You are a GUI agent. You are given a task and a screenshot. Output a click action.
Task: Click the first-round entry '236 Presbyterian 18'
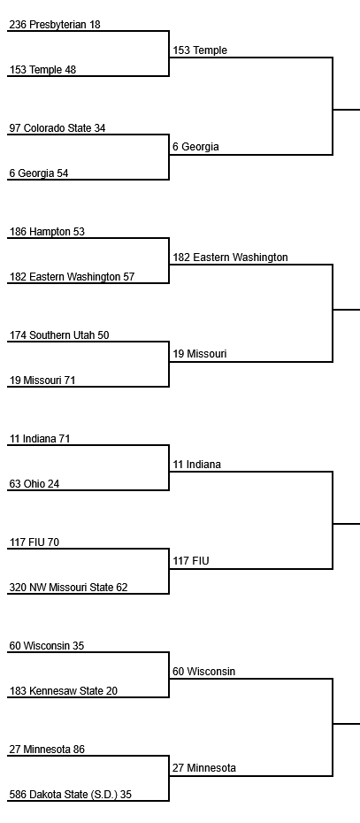pyautogui.click(x=55, y=25)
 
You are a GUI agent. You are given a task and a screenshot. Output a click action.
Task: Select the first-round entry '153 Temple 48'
pyautogui.click(x=42, y=70)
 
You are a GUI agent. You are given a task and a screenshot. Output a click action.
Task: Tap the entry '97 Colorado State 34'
pyautogui.click(x=57, y=128)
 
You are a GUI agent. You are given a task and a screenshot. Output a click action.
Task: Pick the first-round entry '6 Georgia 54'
pyautogui.click(x=39, y=173)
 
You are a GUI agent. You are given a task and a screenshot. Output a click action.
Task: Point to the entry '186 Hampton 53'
pyautogui.click(x=47, y=232)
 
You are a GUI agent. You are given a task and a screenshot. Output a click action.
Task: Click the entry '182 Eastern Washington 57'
pyautogui.click(x=72, y=277)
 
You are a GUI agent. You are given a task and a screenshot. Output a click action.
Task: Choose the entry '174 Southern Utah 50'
pyautogui.click(x=59, y=335)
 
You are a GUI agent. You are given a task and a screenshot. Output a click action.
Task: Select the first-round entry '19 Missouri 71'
pyautogui.click(x=42, y=380)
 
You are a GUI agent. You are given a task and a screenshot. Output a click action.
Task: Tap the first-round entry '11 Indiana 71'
pyautogui.click(x=39, y=438)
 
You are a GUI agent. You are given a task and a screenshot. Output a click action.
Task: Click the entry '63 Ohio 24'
pyautogui.click(x=34, y=483)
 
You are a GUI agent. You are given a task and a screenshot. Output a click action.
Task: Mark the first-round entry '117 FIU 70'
pyautogui.click(x=34, y=542)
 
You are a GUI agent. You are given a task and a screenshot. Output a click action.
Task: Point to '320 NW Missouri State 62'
pyautogui.click(x=68, y=587)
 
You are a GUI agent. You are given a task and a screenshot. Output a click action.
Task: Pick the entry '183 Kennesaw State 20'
pyautogui.click(x=64, y=691)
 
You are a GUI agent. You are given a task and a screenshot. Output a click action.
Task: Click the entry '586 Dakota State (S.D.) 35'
pyautogui.click(x=71, y=794)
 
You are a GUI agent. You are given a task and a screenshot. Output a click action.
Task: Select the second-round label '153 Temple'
pyautogui.click(x=200, y=50)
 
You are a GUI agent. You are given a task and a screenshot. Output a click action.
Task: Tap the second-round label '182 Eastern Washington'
pyautogui.click(x=230, y=258)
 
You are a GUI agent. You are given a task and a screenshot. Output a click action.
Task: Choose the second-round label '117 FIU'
pyautogui.click(x=191, y=561)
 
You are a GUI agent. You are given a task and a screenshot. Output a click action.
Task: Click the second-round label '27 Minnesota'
pyautogui.click(x=204, y=768)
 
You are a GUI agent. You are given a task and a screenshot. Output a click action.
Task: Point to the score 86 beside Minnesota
pyautogui.click(x=79, y=749)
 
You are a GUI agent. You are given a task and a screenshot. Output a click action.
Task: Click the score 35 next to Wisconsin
pyautogui.click(x=78, y=646)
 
